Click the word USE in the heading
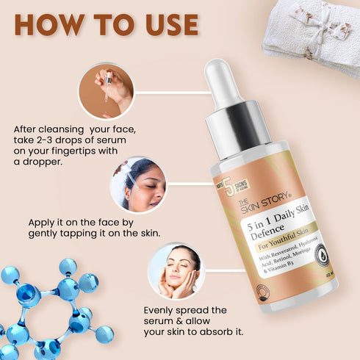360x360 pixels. [167, 24]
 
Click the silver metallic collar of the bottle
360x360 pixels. [234, 128]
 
